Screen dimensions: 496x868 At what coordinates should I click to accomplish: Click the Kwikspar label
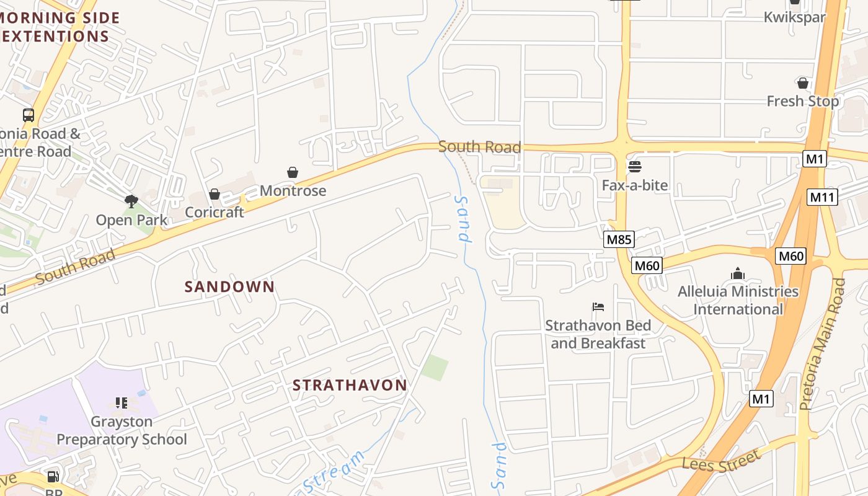(x=794, y=17)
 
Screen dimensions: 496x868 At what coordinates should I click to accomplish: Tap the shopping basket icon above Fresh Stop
(x=803, y=83)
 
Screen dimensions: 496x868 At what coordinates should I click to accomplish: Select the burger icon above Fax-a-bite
(x=634, y=167)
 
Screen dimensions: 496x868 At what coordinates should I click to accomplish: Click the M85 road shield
(x=619, y=239)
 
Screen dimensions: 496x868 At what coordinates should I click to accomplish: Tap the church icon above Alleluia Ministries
(x=738, y=273)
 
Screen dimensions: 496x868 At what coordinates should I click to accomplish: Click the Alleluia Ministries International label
(x=738, y=300)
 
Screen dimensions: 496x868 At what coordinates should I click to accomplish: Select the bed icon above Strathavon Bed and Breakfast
(x=598, y=307)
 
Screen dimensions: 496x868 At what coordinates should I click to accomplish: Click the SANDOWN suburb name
(x=229, y=286)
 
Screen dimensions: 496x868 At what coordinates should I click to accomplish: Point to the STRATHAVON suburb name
(x=350, y=385)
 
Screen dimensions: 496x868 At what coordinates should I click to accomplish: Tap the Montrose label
(x=293, y=190)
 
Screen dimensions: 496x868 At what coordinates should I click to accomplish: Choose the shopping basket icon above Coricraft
(x=215, y=194)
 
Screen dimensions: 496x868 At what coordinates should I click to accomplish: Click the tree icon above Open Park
(x=131, y=201)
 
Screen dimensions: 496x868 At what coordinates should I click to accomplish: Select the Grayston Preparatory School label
(x=122, y=430)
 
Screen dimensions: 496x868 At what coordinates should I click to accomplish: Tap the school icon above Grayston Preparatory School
(x=122, y=403)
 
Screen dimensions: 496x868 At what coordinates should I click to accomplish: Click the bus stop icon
(x=29, y=115)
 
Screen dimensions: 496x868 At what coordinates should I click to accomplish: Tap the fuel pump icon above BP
(x=53, y=477)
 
